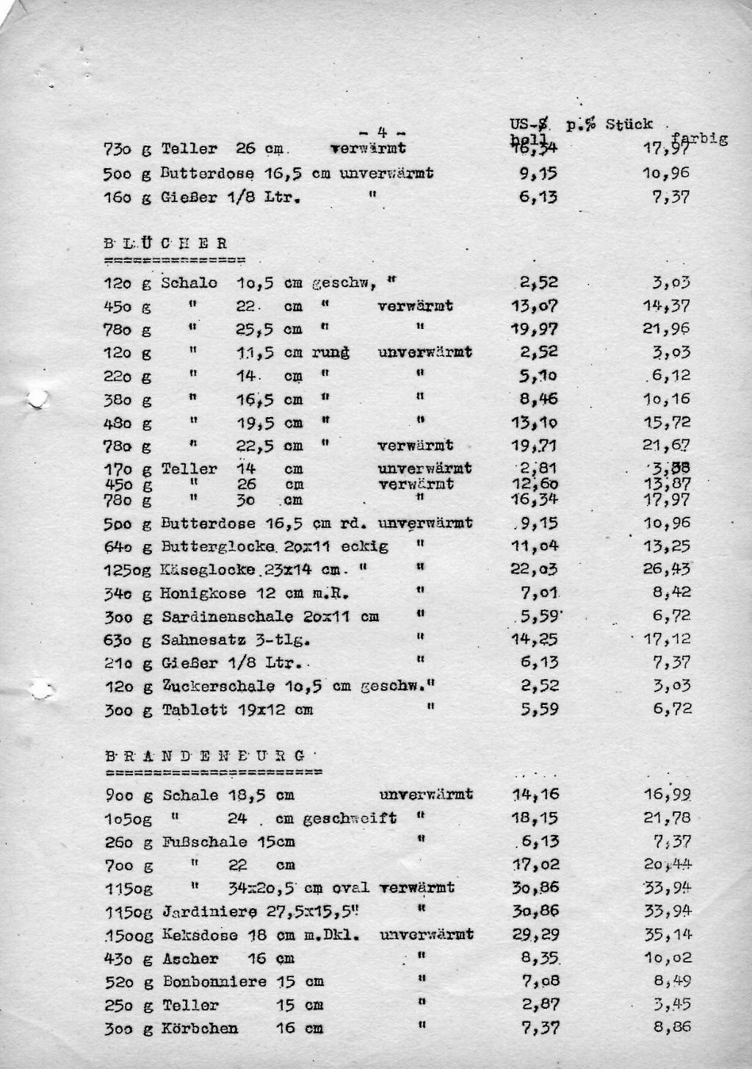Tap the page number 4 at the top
[383, 133]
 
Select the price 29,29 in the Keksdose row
[535, 935]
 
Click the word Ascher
[190, 959]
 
